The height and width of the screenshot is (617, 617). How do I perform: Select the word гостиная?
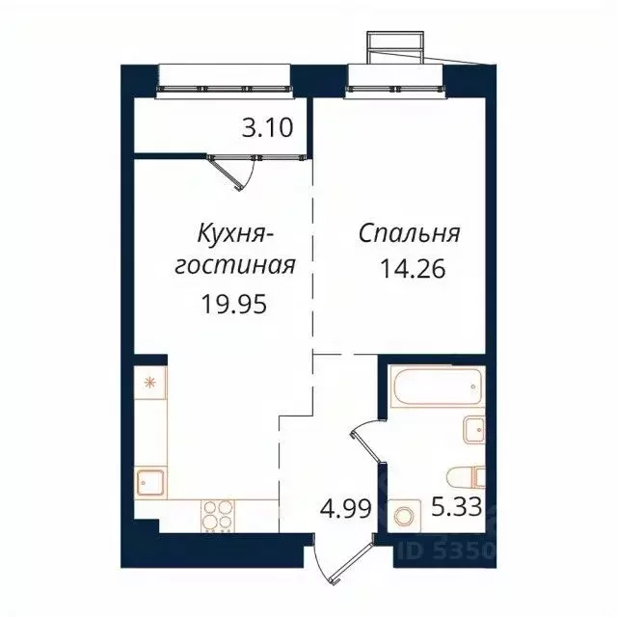[233, 265]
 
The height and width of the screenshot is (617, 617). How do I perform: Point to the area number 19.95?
[231, 306]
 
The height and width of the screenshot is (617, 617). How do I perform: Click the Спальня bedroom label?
[410, 234]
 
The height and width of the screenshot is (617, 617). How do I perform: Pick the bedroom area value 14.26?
[416, 265]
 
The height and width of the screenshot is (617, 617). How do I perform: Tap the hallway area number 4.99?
[345, 508]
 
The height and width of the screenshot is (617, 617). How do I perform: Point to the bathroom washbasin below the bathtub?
[473, 429]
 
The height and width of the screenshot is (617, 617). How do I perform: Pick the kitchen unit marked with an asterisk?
[149, 383]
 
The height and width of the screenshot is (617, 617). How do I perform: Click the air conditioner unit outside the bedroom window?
[394, 45]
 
